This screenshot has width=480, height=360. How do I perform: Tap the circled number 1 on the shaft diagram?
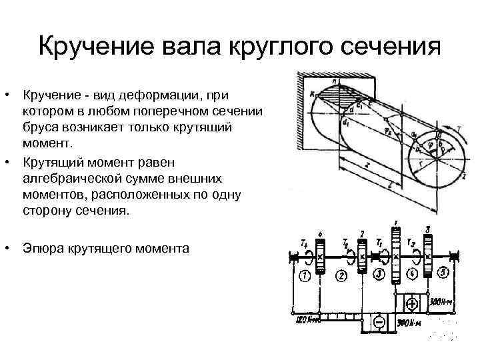[x=305, y=276]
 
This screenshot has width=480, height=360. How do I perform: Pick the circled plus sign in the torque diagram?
[x=412, y=303]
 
